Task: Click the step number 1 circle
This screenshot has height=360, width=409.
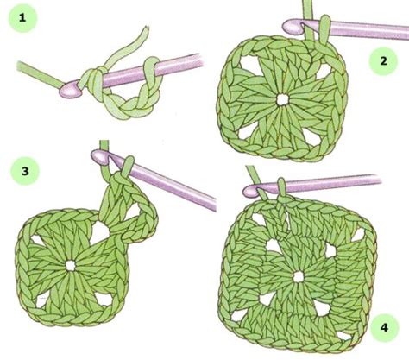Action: click(x=22, y=18)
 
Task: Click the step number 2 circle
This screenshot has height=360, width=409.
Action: click(x=383, y=61)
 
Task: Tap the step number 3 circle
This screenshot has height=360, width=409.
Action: click(x=25, y=171)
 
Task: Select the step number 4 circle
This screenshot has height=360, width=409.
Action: click(x=385, y=327)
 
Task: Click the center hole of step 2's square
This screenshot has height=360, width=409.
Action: click(x=282, y=99)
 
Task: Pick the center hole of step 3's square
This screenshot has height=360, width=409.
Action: click(x=70, y=266)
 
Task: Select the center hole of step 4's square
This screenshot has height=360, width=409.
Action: click(x=298, y=277)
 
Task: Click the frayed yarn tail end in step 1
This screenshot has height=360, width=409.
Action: click(x=146, y=29)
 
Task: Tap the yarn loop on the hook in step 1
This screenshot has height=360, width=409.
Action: click(x=151, y=67)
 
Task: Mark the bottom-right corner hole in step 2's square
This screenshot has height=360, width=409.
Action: click(x=311, y=136)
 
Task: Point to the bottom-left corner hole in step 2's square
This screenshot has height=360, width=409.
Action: click(x=246, y=133)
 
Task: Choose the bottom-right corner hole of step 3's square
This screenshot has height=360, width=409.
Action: click(x=104, y=300)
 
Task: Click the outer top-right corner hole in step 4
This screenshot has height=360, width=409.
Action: click(x=357, y=235)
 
